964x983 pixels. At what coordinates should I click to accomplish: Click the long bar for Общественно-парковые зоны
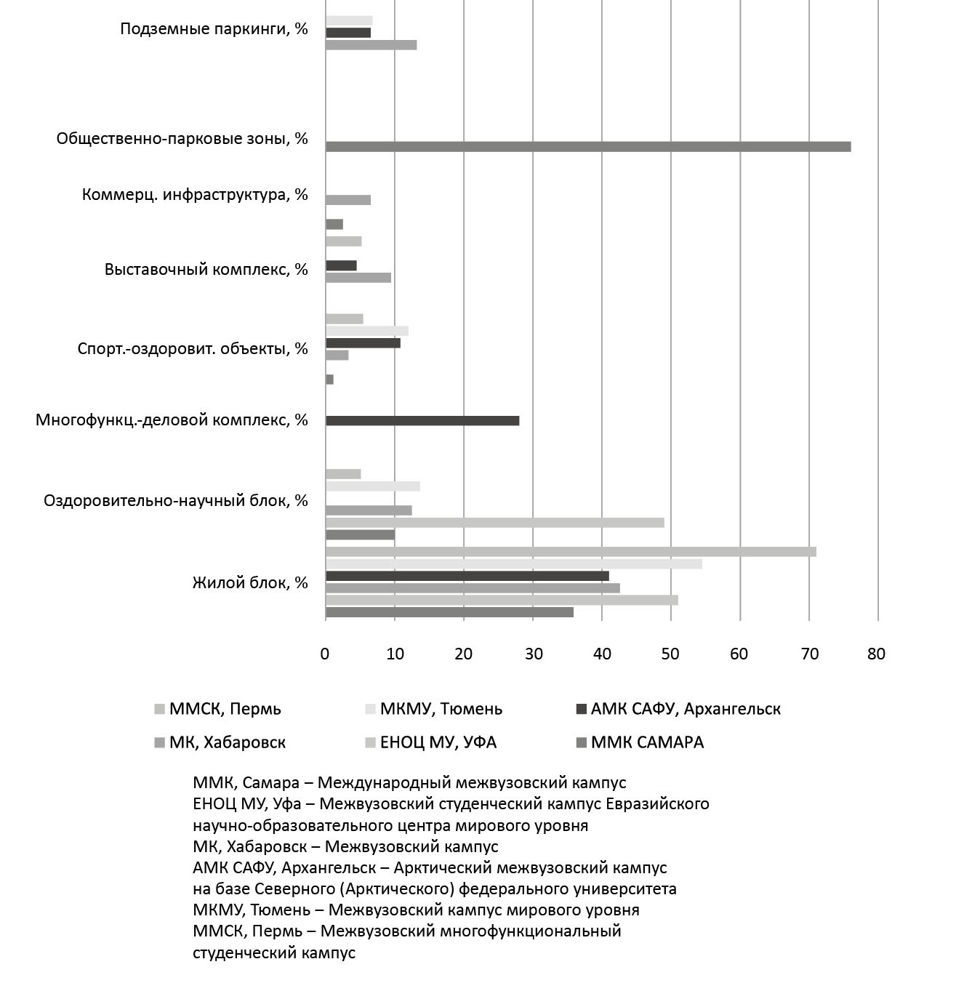point(587,147)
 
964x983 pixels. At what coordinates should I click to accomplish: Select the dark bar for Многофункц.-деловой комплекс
point(422,421)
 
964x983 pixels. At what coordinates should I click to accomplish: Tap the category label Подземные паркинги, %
point(214,30)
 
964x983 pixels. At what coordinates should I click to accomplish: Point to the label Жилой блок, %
point(250,583)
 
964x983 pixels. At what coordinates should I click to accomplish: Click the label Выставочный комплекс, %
point(206,270)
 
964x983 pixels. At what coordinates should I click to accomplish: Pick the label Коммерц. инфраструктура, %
point(195,195)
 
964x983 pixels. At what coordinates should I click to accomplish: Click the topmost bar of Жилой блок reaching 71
point(571,552)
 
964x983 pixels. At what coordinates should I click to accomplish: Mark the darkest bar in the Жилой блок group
point(467,576)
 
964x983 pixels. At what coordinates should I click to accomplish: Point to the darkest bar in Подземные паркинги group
point(348,33)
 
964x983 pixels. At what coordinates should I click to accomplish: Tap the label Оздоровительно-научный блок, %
point(176,501)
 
